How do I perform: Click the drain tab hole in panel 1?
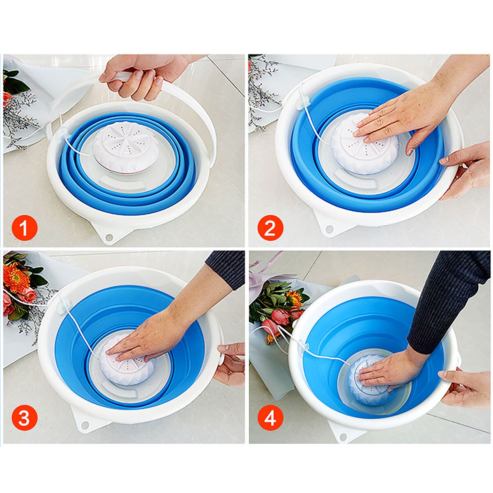[x=109, y=237]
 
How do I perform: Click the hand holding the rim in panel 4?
[x=466, y=388]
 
